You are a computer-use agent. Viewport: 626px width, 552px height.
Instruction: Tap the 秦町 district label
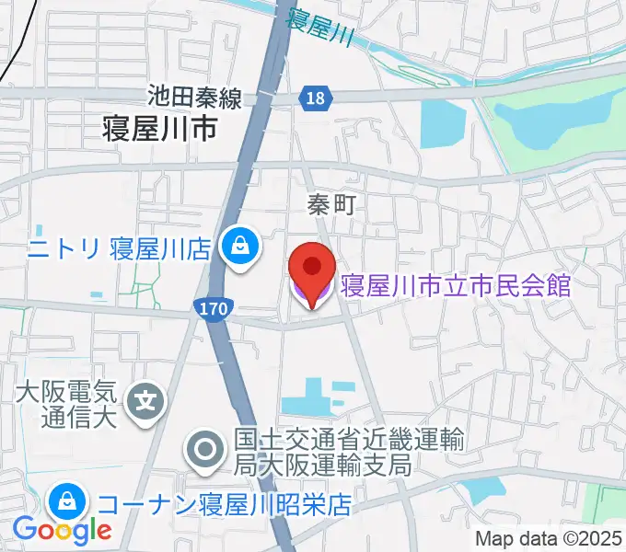click(331, 205)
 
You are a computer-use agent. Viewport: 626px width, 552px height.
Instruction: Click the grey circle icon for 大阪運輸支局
click(205, 451)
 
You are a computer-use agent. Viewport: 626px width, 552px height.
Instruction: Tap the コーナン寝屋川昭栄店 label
click(225, 504)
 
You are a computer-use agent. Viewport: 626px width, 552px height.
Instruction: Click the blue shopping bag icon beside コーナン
click(67, 502)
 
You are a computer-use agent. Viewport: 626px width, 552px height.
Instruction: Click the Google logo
click(62, 529)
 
